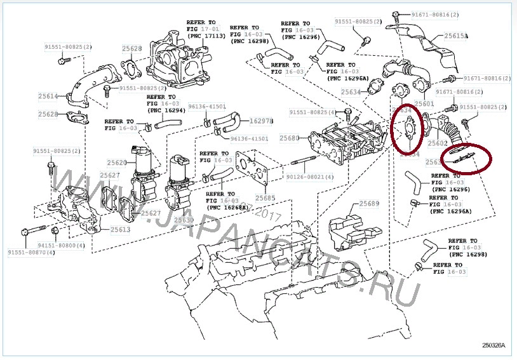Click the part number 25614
point(48,97)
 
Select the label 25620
point(117,163)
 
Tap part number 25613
point(121,229)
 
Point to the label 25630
point(184,220)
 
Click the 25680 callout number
point(289,138)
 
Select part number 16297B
point(261,121)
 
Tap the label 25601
point(424,103)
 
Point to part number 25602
point(438,143)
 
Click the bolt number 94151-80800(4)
point(61,244)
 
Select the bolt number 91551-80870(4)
point(32,253)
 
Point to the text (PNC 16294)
point(166,110)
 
